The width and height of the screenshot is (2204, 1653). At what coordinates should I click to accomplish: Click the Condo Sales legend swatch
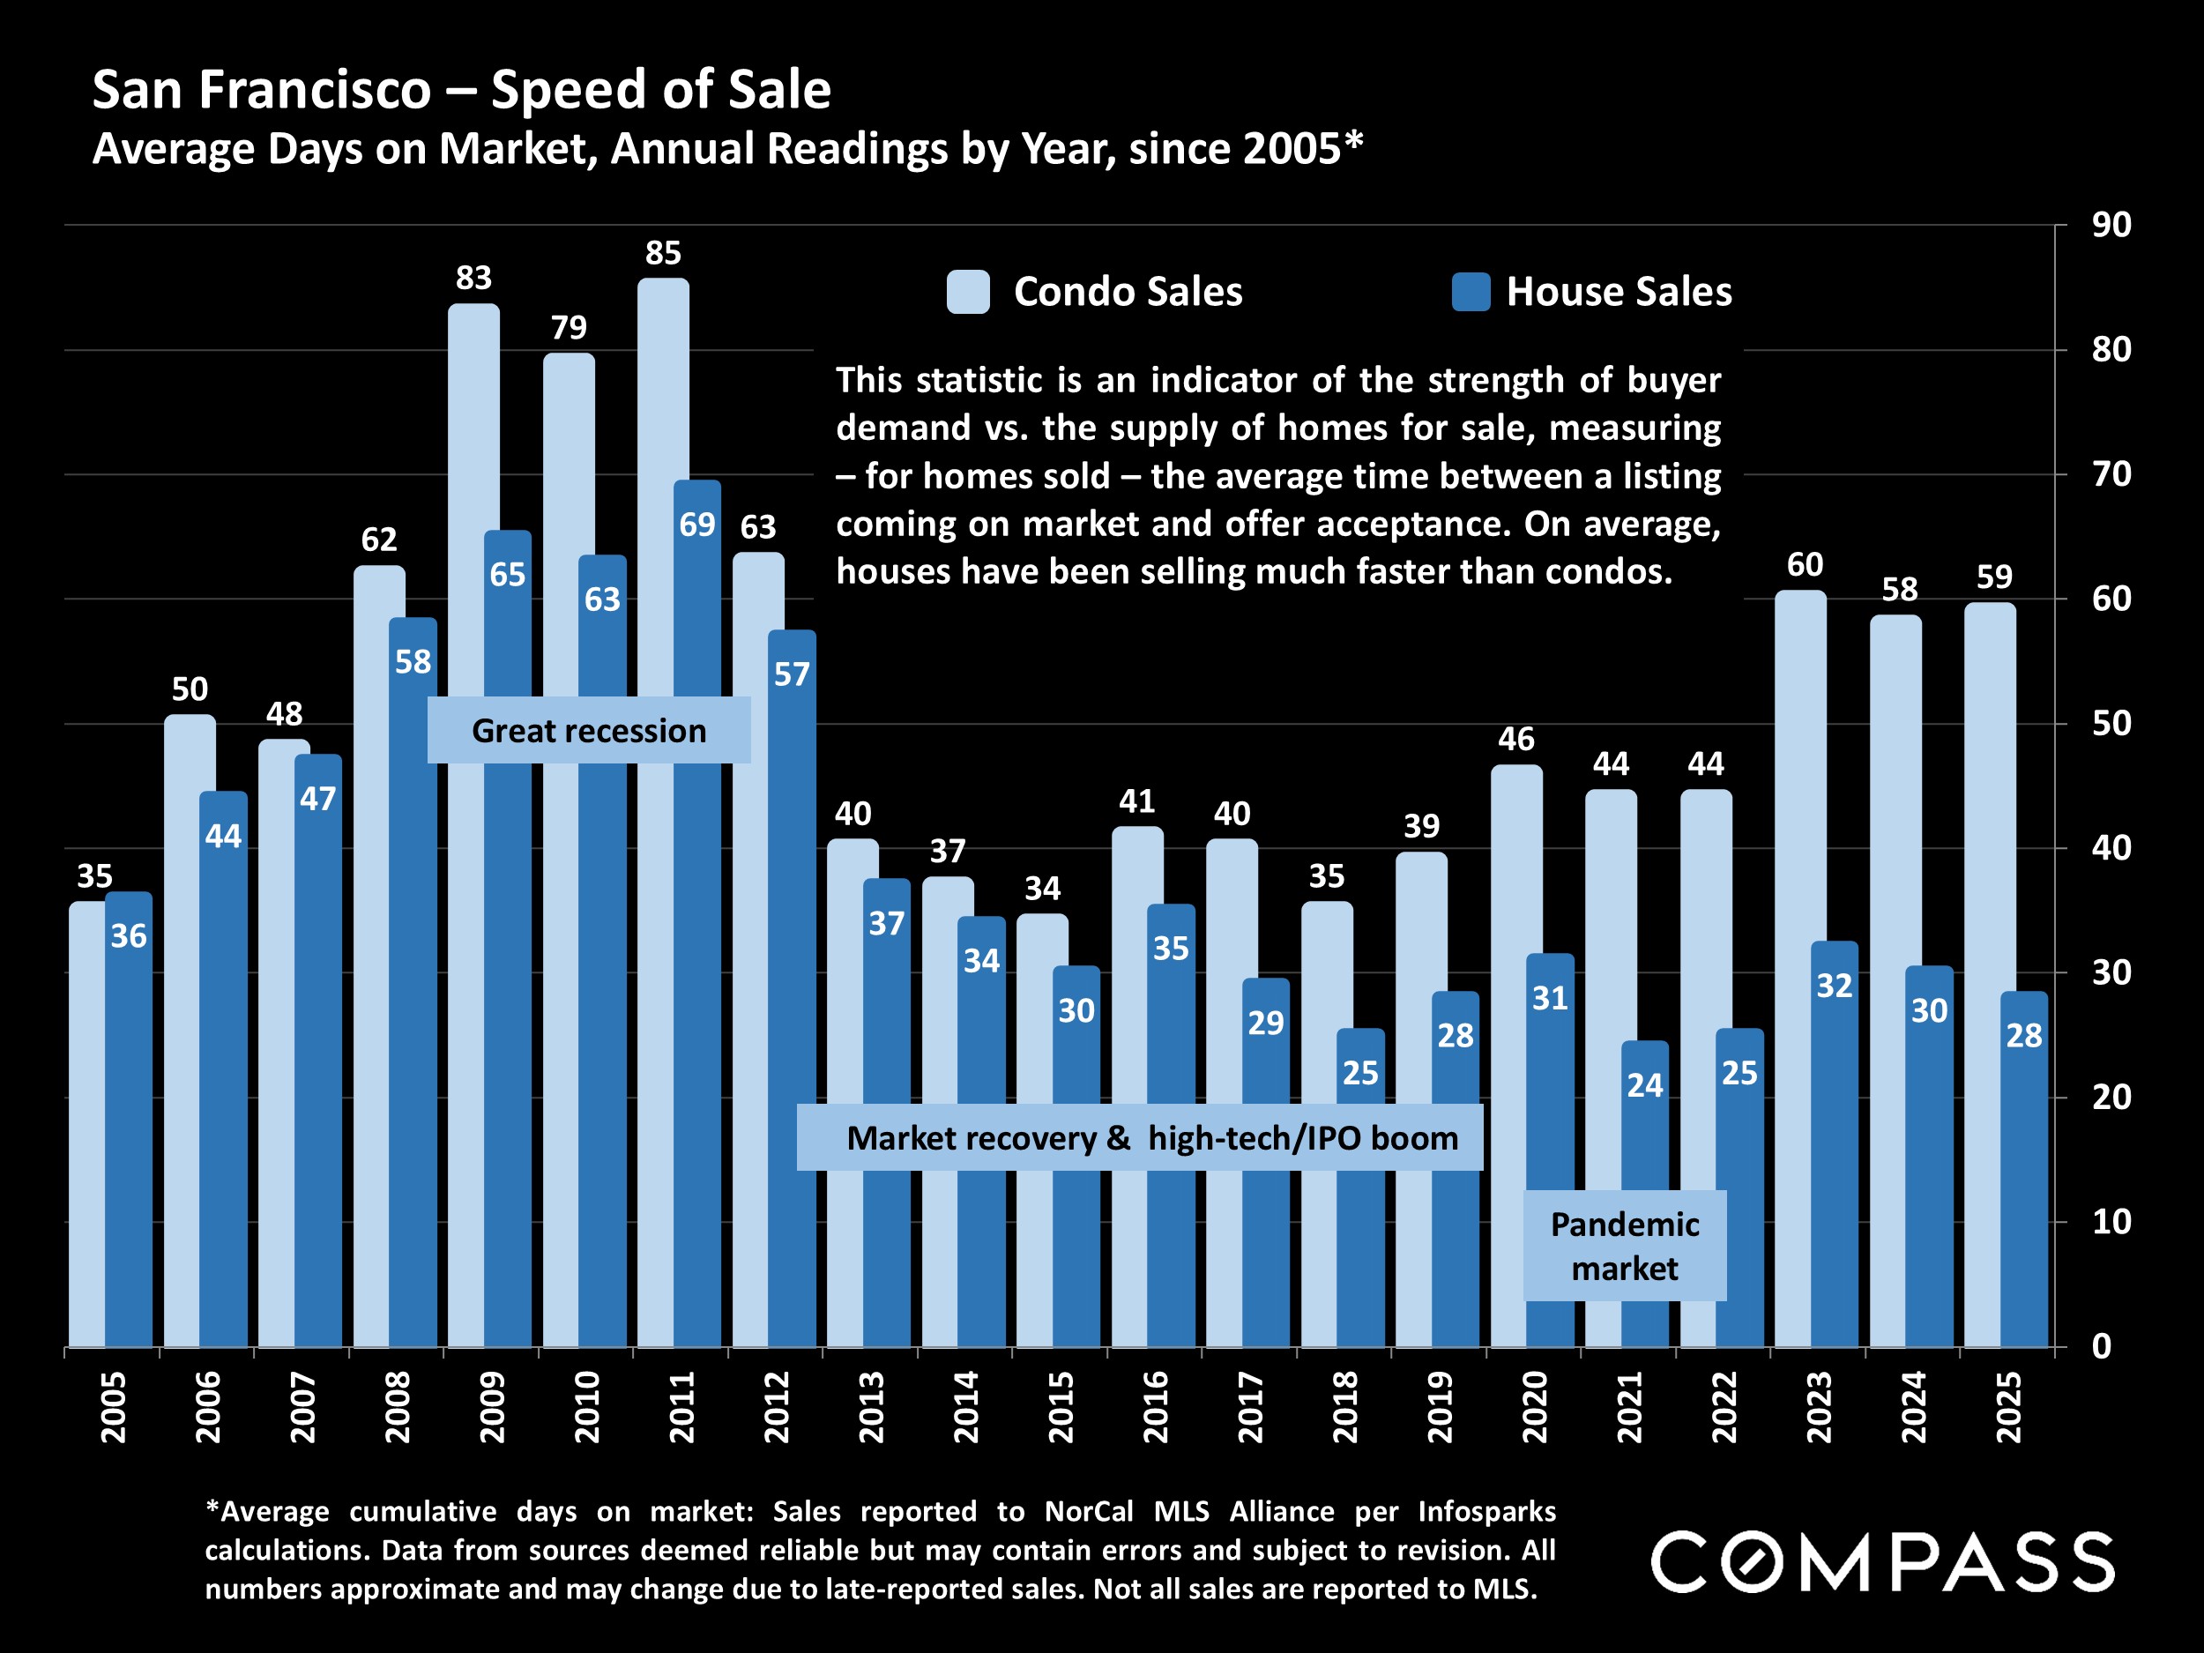tap(967, 292)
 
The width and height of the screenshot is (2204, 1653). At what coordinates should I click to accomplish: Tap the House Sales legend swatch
tap(1471, 292)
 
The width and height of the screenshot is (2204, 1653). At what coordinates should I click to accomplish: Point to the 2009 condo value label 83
tap(473, 278)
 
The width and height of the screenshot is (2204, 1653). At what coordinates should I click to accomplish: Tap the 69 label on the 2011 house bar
tap(696, 524)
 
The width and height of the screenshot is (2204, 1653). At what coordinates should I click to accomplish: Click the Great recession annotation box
tap(589, 730)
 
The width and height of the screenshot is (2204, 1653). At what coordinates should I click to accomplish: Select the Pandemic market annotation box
tap(1624, 1246)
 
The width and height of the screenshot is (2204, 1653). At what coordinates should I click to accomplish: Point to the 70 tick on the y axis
tap(2111, 474)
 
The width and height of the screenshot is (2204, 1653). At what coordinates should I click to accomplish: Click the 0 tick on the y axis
tap(2100, 1346)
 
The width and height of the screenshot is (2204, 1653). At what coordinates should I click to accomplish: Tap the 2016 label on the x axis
tap(1155, 1407)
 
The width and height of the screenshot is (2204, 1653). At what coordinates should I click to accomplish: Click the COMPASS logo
tap(1882, 1561)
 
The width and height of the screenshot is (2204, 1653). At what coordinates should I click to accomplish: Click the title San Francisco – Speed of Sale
tap(461, 90)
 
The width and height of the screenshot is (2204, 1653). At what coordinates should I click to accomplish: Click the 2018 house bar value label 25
tap(1360, 1073)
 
